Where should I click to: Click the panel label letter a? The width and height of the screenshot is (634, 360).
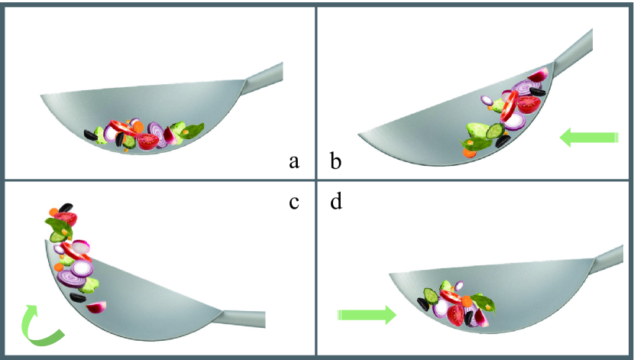(294, 162)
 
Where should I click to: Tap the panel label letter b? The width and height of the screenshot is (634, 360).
(335, 161)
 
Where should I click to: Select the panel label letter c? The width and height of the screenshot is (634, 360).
(294, 203)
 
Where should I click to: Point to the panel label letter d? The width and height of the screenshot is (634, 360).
(336, 200)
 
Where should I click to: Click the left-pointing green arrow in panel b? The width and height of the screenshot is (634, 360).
(589, 137)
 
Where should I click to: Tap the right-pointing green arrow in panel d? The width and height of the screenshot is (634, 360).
(367, 315)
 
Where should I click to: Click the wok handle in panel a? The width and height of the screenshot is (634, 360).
(262, 79)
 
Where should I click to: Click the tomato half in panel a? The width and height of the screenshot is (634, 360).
(148, 141)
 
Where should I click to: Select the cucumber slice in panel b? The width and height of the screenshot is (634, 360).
(495, 131)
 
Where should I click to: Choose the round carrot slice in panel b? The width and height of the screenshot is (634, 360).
(470, 153)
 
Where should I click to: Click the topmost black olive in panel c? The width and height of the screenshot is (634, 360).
(66, 208)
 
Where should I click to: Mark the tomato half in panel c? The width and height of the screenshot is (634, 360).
(66, 219)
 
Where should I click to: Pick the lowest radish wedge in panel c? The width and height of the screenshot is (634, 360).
(96, 307)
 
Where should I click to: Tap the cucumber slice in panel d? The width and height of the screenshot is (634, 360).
(431, 296)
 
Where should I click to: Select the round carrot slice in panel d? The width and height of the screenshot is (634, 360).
(467, 301)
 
